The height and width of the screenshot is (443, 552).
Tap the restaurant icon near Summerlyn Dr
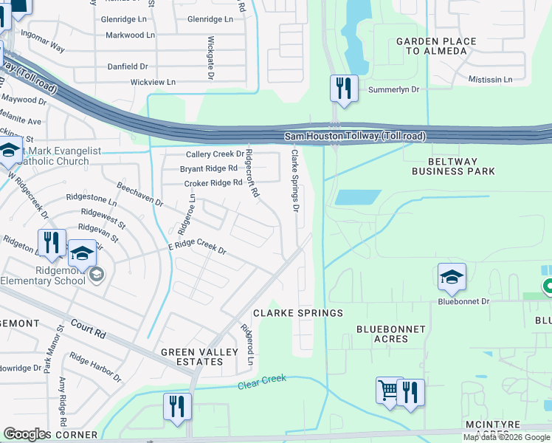[343, 89]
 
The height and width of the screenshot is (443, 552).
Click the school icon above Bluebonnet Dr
[452, 278]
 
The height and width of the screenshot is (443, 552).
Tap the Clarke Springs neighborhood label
[298, 313]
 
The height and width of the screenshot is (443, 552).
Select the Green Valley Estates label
[192, 357]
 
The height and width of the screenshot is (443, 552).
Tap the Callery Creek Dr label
[214, 154]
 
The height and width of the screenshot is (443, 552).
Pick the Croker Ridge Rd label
[213, 183]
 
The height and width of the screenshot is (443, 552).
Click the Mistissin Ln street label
[490, 79]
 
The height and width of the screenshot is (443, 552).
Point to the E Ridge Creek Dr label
[197, 247]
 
